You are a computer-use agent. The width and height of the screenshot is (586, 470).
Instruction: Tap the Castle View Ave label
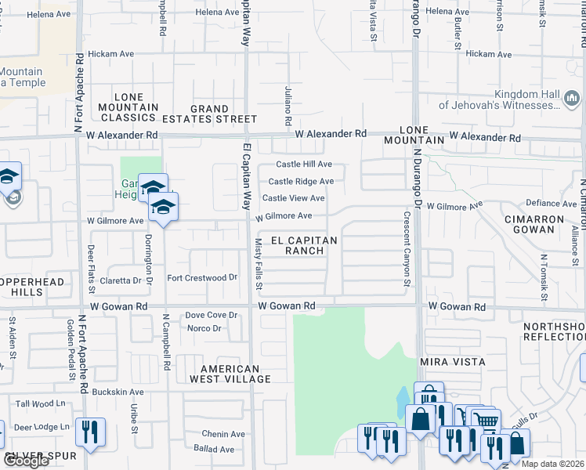(293, 198)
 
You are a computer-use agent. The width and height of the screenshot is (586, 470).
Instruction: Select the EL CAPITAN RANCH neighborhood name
(304, 245)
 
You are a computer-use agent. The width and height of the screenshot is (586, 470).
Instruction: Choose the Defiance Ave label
(551, 203)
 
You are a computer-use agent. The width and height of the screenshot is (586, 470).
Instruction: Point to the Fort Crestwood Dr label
(202, 278)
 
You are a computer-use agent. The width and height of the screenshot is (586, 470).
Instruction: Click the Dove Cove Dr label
(211, 315)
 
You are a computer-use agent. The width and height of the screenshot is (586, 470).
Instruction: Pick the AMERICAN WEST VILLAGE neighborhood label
(230, 374)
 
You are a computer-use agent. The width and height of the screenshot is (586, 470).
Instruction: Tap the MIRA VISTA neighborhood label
(453, 362)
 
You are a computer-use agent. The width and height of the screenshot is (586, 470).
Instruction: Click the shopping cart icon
(487, 421)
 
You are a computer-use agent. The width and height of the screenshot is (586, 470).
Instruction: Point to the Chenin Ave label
(223, 434)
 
